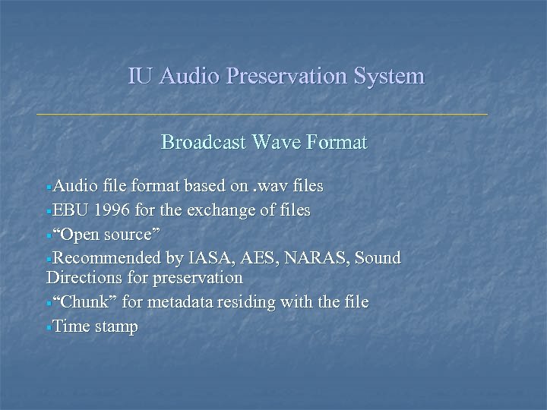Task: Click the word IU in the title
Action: (139, 76)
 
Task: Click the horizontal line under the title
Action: (262, 114)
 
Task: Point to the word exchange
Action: (210, 210)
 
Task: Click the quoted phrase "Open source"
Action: (106, 233)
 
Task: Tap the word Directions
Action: (85, 278)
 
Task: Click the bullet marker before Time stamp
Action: (49, 328)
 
